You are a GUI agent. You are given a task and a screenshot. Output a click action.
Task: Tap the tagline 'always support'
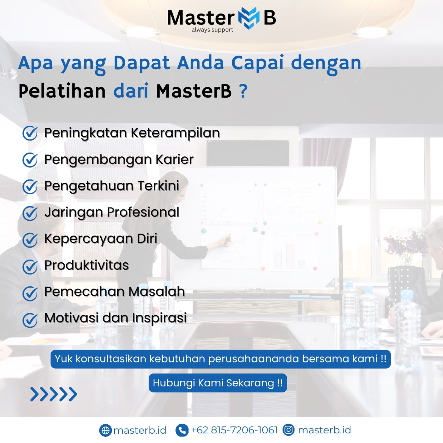[213, 30]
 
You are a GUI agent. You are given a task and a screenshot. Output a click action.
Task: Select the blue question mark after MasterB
[243, 91]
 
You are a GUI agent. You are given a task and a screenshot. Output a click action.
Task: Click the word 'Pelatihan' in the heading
[62, 91]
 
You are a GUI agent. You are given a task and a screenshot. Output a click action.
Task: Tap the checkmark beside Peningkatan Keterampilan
[30, 133]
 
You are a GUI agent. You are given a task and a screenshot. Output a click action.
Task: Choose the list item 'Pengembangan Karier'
[119, 160]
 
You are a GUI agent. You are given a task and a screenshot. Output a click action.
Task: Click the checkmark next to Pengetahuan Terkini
[30, 186]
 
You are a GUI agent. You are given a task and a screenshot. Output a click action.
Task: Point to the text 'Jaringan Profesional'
[112, 212]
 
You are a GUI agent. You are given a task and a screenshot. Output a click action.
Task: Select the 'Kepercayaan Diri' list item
[101, 239]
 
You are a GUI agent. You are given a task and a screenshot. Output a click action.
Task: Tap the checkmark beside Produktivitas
[30, 266]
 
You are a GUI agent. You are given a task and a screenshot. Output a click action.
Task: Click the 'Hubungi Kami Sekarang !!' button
[218, 383]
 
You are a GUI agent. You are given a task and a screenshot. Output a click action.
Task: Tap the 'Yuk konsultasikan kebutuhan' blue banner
[220, 359]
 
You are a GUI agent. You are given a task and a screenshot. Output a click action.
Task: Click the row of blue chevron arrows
[54, 394]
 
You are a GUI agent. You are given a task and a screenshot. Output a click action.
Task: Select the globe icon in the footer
[105, 430]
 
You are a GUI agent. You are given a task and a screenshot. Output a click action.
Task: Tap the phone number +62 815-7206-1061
[234, 430]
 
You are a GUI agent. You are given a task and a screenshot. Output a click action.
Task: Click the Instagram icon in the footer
[288, 430]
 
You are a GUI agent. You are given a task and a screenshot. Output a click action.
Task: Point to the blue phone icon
[182, 430]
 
